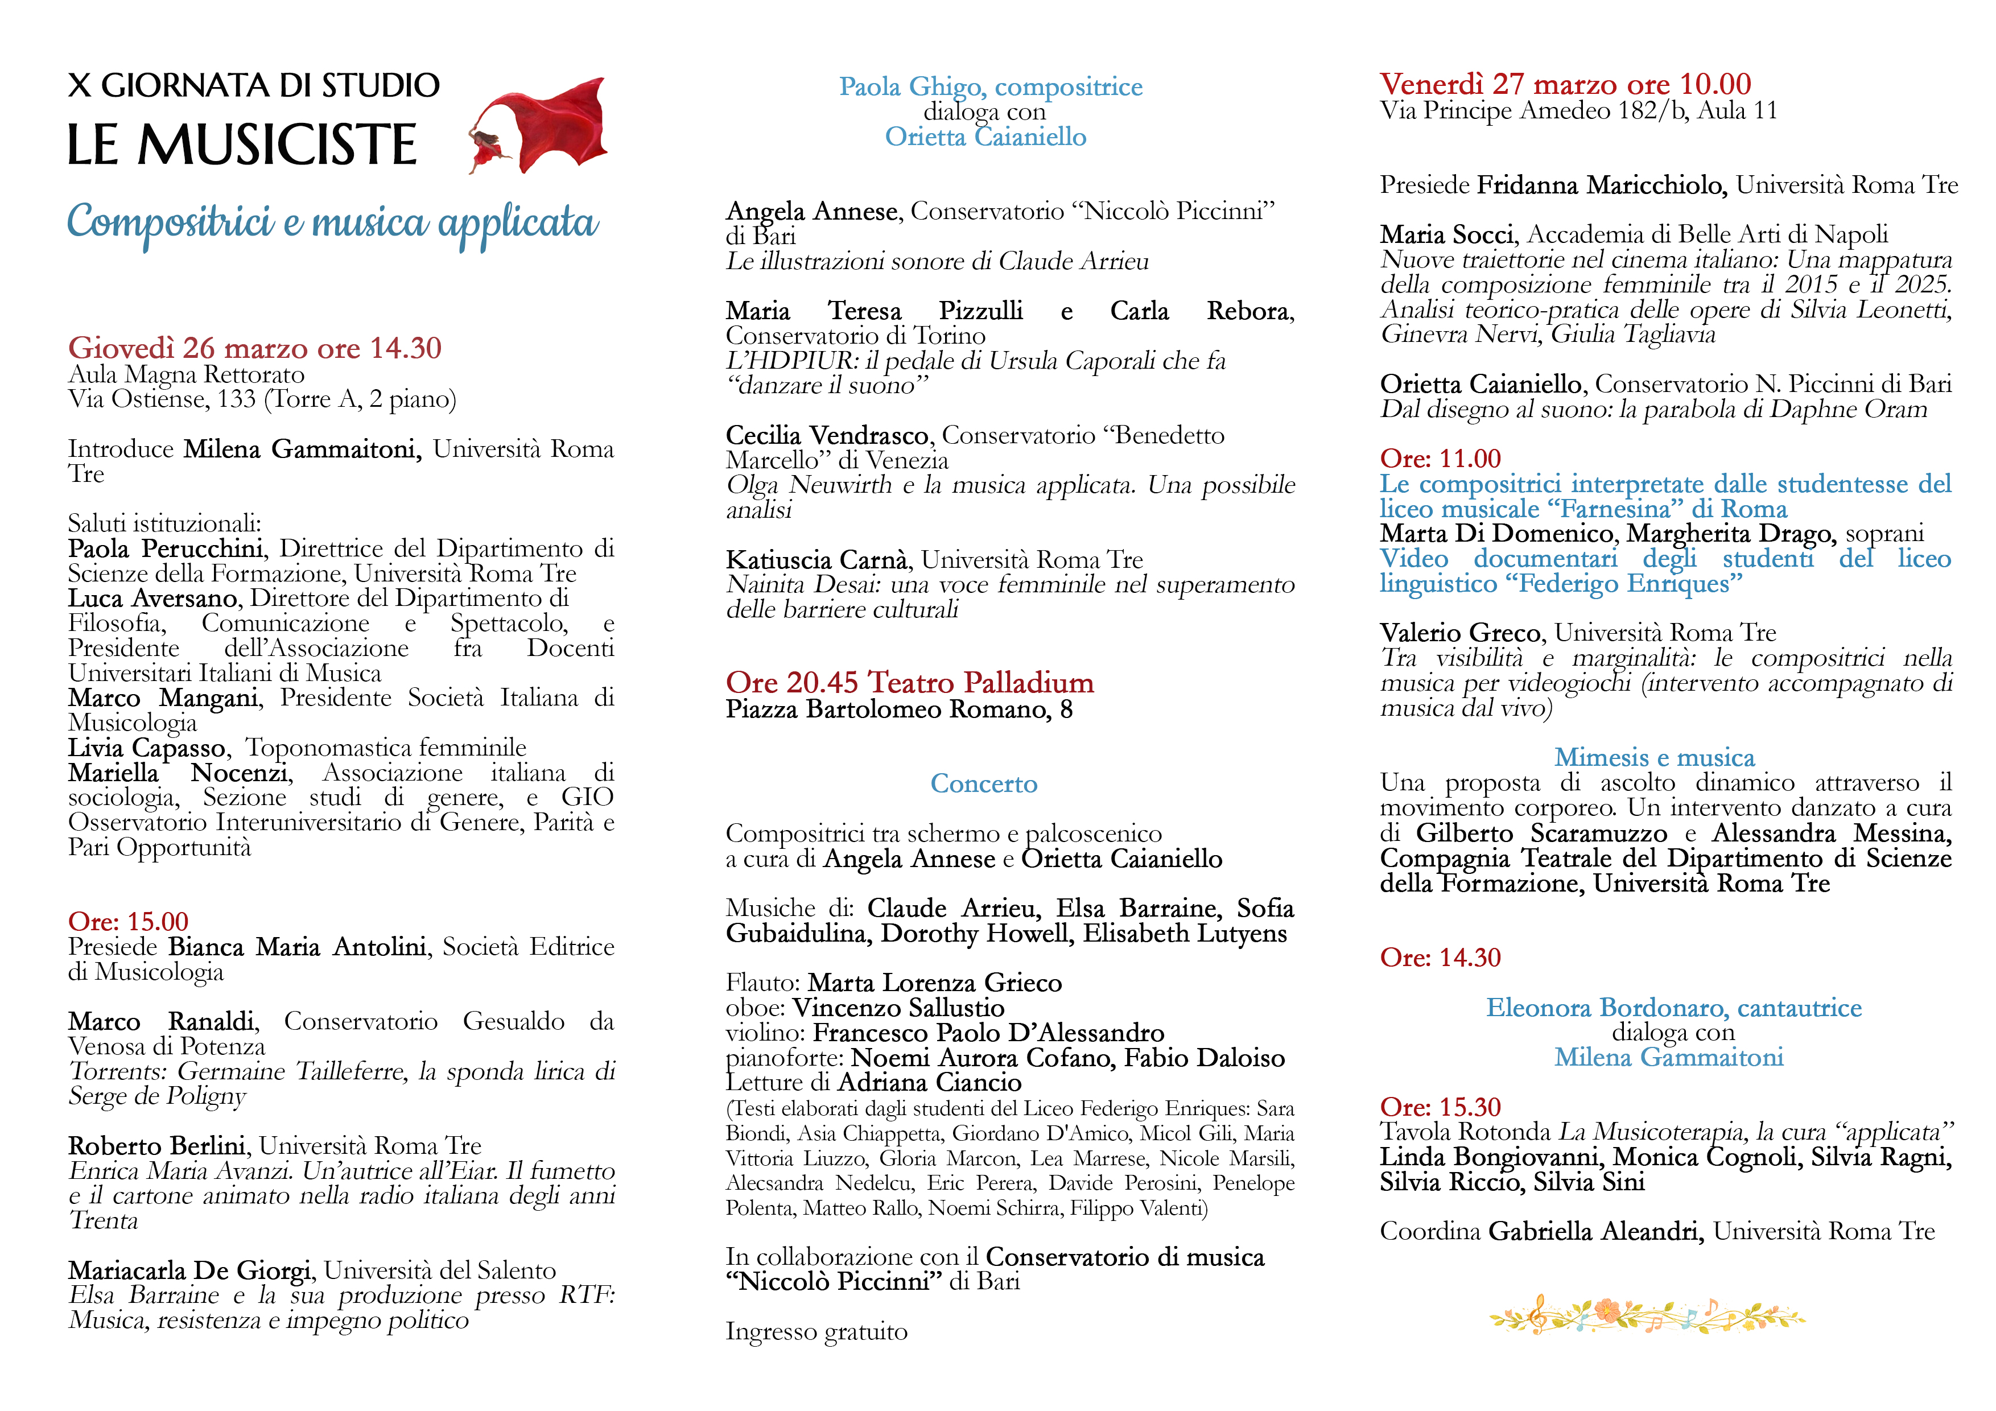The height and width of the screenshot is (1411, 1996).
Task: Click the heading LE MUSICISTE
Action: pyautogui.click(x=242, y=145)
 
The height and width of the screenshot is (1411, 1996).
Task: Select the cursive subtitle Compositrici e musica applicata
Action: pyautogui.click(x=333, y=222)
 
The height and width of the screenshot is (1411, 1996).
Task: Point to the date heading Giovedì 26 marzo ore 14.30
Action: pyautogui.click(x=255, y=348)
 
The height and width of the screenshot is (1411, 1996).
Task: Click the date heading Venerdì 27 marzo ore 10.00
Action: pyautogui.click(x=1565, y=84)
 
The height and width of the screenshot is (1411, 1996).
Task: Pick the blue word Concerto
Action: pyautogui.click(x=983, y=783)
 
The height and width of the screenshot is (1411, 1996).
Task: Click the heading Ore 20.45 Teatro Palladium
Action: pyautogui.click(x=909, y=683)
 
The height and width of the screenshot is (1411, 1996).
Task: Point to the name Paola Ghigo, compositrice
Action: pyautogui.click(x=990, y=87)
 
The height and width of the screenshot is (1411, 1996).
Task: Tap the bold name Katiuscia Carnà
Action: pyautogui.click(x=817, y=560)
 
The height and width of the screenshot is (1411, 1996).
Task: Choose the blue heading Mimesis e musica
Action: pyautogui.click(x=1653, y=757)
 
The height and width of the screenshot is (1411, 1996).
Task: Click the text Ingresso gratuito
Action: pyautogui.click(x=816, y=1332)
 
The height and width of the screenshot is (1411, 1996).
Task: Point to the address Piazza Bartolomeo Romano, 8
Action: pyautogui.click(x=899, y=709)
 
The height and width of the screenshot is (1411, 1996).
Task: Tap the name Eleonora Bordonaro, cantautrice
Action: pyautogui.click(x=1673, y=1008)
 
